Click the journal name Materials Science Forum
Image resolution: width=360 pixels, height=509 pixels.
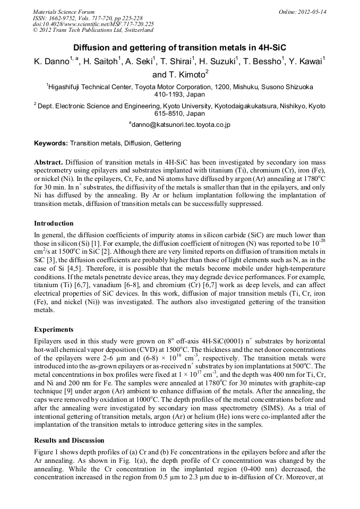(x=64, y=12)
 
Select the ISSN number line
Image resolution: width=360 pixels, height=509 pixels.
(x=85, y=18)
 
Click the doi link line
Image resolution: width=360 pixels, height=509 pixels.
(x=93, y=24)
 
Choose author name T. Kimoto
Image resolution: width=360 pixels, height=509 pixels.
(x=179, y=75)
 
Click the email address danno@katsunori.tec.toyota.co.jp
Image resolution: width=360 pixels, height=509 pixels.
(x=179, y=125)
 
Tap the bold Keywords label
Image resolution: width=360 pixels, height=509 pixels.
(x=51, y=143)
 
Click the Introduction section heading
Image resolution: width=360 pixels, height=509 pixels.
(x=54, y=223)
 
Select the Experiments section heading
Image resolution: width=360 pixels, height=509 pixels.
(x=55, y=329)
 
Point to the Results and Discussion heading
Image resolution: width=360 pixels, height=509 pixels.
(x=69, y=440)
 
